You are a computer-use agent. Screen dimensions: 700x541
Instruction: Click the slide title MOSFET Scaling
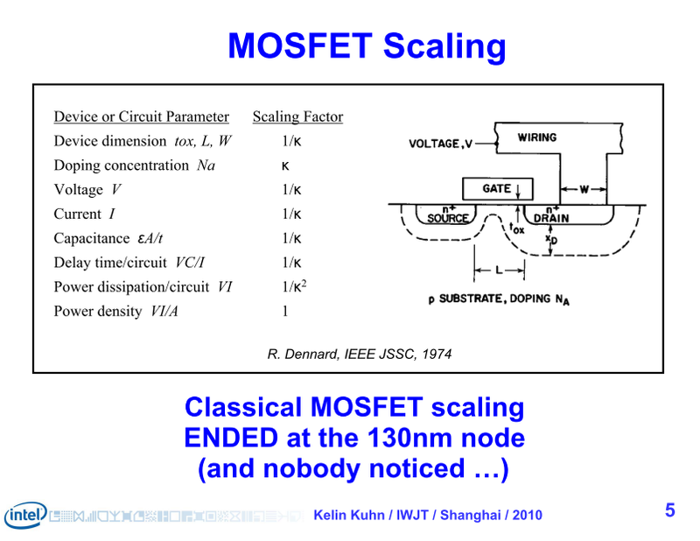click(x=367, y=46)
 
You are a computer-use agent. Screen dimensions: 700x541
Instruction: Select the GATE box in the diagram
click(x=496, y=188)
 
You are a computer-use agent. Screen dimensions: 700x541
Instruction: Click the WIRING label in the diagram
click(x=536, y=137)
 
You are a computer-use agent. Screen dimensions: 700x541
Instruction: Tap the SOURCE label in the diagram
click(x=447, y=218)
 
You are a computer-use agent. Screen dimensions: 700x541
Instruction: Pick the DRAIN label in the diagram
click(x=551, y=218)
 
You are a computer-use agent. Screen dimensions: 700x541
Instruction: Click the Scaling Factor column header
click(x=297, y=116)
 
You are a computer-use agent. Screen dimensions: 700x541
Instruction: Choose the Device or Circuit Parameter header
click(x=142, y=116)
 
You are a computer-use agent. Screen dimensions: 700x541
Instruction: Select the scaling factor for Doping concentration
click(x=285, y=165)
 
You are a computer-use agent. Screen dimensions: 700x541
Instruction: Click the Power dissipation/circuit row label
click(x=131, y=286)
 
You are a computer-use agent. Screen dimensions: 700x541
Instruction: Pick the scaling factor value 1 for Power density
click(x=284, y=311)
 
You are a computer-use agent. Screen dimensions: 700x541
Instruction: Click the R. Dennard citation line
click(x=359, y=354)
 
